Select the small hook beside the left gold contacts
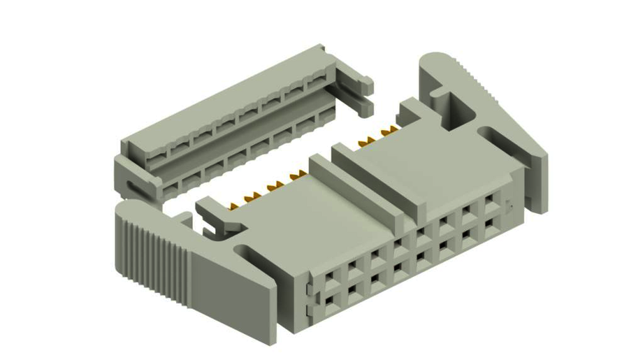point(213,213)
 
